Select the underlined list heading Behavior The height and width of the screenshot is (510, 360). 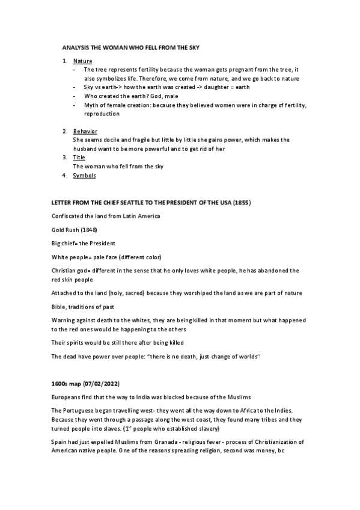[x=85, y=131]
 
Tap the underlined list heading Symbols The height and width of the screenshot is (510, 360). [x=84, y=176]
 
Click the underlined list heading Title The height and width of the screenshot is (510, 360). [x=79, y=158]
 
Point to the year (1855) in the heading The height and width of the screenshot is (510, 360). [x=241, y=203]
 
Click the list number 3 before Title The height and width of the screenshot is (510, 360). [x=65, y=158]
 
